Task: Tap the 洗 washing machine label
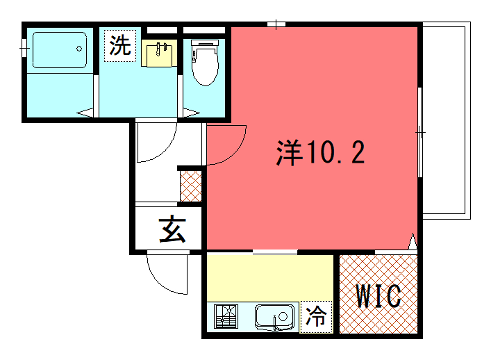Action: click(x=119, y=45)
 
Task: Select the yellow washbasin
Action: click(x=159, y=53)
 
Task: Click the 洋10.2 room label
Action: click(x=320, y=153)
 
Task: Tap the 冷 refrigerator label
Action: click(x=316, y=317)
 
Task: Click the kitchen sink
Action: click(x=272, y=318)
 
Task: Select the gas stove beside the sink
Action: click(x=225, y=318)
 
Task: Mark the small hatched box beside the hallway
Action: click(x=191, y=185)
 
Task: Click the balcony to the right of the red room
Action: click(x=446, y=120)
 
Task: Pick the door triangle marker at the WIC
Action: click(x=412, y=240)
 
